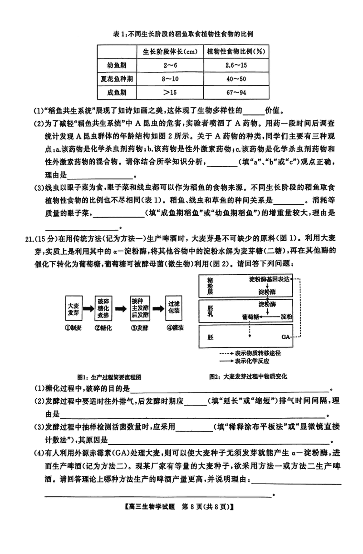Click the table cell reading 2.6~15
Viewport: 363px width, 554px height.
tap(236, 65)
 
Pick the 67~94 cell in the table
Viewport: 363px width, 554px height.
tap(236, 93)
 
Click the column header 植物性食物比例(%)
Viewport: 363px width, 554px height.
tap(236, 51)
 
